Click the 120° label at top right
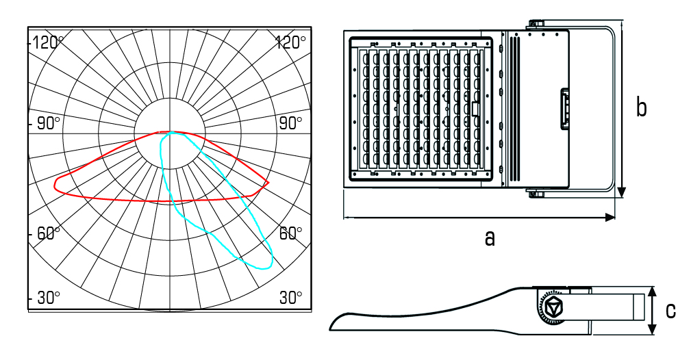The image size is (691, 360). [x=290, y=42]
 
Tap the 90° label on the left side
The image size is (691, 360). [x=49, y=123]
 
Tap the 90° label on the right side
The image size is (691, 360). [x=290, y=123]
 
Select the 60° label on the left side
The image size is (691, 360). [x=49, y=233]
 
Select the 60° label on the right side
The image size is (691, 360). [x=290, y=233]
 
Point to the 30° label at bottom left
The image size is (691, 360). [x=49, y=298]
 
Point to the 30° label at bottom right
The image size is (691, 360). [x=290, y=298]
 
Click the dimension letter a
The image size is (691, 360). [x=489, y=237]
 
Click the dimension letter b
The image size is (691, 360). [x=641, y=107]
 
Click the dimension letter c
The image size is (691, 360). [x=670, y=311]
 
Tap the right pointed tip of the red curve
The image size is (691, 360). [x=268, y=183]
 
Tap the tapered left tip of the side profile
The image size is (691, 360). [x=332, y=325]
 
